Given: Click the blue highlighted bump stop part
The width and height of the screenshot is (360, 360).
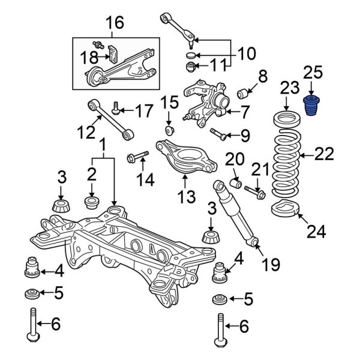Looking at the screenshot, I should (x=311, y=107).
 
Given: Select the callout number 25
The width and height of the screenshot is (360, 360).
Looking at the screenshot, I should (x=312, y=74).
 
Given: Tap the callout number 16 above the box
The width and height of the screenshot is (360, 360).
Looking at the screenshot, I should (x=115, y=23).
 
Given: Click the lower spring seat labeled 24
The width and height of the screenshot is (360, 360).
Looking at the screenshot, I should (x=284, y=211).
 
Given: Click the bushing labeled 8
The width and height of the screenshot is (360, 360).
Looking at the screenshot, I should (x=244, y=94).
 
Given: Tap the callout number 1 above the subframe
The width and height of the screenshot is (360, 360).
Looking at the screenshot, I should (x=103, y=145).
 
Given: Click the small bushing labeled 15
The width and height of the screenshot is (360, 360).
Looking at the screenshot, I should (x=170, y=130).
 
